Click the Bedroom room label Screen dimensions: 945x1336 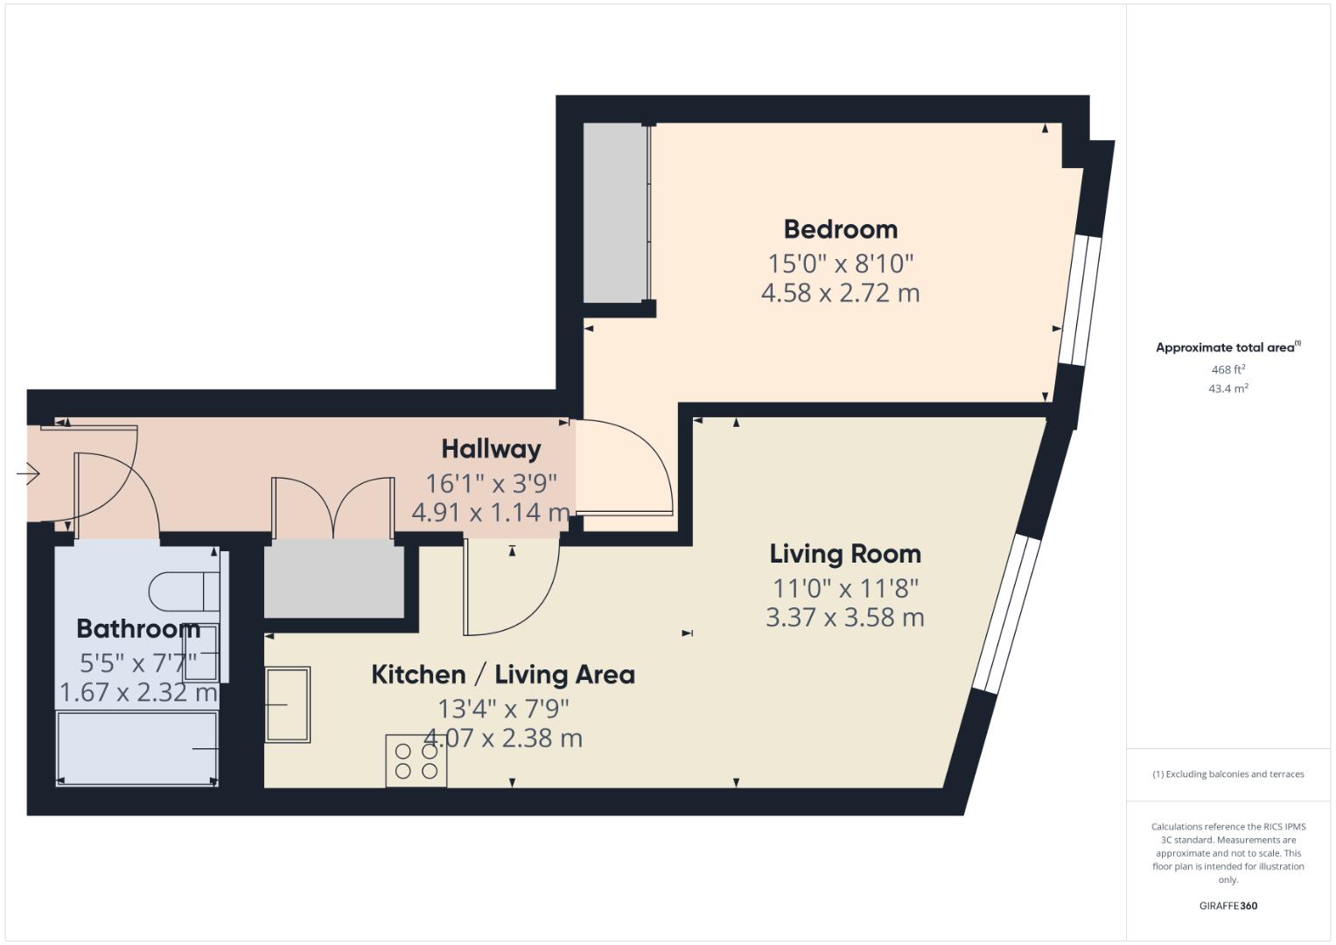coord(840,229)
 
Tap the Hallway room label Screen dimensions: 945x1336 coord(491,449)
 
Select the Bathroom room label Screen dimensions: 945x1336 coord(138,628)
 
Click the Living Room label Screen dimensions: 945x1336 coord(845,554)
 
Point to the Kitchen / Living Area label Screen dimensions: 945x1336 coord(503,675)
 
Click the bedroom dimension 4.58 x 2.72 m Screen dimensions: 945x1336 coord(840,293)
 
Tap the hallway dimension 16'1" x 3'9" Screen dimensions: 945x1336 coord(491,483)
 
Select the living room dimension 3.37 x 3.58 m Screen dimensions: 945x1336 coord(845,618)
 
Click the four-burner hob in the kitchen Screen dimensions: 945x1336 coord(416,761)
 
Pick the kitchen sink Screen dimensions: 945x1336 coord(288,704)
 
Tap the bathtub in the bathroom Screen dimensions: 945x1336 coord(137,748)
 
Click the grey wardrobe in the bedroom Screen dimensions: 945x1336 coord(615,213)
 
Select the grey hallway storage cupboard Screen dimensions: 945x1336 coord(334,578)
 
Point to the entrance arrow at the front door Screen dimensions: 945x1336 coord(28,474)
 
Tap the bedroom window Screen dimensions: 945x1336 coord(1074,300)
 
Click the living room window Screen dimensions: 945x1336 coord(1006,613)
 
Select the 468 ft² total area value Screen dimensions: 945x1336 coord(1228,370)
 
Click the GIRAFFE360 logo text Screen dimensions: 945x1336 coord(1228,906)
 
